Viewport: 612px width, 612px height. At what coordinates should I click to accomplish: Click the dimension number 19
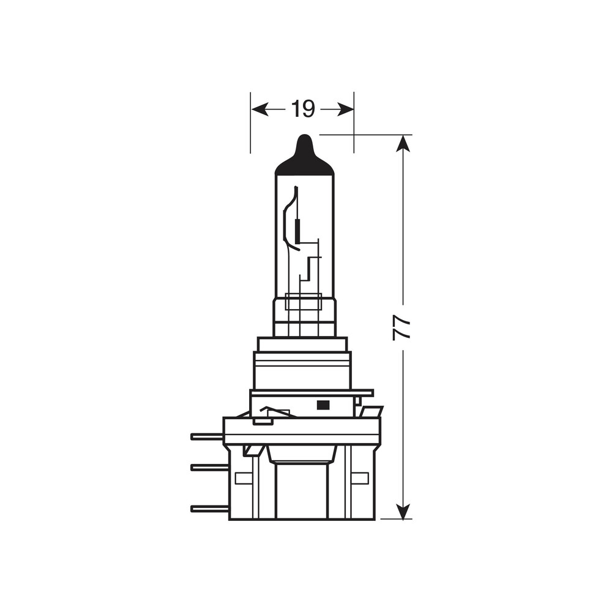[x=302, y=109]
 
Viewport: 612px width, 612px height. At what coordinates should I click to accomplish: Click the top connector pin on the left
[x=207, y=436]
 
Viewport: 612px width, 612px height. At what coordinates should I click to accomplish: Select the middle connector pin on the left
[x=209, y=467]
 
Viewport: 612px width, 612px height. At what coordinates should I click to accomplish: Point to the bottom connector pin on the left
[x=209, y=509]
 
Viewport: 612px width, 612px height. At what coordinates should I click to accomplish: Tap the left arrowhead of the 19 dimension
[x=259, y=110]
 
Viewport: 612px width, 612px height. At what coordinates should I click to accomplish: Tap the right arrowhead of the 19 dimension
[x=345, y=110]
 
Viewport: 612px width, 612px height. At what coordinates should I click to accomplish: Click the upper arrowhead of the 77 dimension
[x=402, y=143]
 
